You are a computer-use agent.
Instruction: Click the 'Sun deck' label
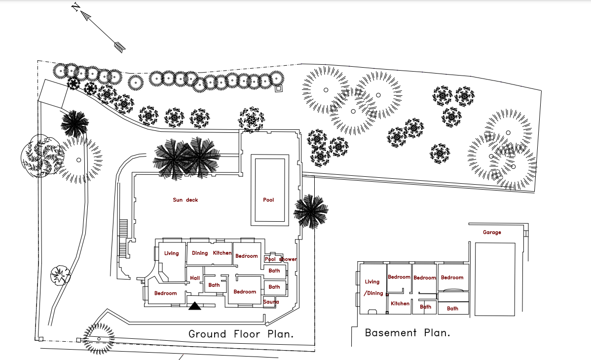[185, 200]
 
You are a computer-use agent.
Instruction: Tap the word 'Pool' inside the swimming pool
[268, 200]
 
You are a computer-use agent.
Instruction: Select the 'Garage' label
[492, 232]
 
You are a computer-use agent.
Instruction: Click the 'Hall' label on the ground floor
[195, 279]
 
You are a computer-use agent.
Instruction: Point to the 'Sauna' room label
[271, 302]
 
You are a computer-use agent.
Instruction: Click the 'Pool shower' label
[281, 259]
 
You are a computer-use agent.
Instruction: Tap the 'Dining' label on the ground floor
[200, 253]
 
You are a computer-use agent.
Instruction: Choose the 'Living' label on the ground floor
[171, 253]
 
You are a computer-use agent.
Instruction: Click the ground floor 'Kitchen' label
[222, 253]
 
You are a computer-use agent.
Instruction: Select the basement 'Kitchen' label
[400, 304]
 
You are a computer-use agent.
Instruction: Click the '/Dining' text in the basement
[373, 293]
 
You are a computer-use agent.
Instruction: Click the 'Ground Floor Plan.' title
[241, 334]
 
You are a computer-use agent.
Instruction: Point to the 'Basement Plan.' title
[407, 333]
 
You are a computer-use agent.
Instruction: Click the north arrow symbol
[99, 27]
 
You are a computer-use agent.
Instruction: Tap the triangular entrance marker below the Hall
[195, 307]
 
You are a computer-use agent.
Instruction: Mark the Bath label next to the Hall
[214, 285]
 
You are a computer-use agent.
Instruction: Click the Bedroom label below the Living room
[165, 293]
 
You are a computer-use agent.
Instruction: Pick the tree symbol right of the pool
[310, 212]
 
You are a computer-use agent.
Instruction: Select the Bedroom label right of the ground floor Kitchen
[246, 256]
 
